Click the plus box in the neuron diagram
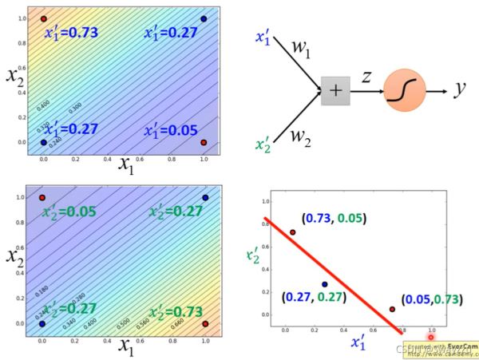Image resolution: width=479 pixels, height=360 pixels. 335,91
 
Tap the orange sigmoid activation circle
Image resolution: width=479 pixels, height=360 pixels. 398,90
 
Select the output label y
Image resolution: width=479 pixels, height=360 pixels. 460,90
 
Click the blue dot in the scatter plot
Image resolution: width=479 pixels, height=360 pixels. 325,284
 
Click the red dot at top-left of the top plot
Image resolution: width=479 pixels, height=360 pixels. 43,18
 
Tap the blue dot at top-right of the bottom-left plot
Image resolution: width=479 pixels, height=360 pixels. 204,197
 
